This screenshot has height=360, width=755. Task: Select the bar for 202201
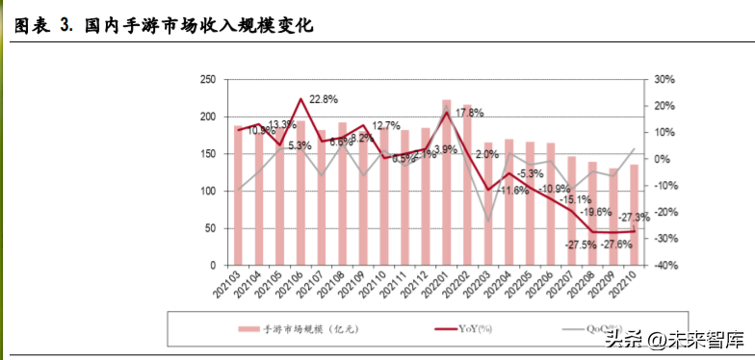(447, 182)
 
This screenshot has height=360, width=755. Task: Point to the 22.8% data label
(324, 99)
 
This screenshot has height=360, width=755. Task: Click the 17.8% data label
(469, 113)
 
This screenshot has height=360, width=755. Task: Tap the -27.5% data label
(583, 245)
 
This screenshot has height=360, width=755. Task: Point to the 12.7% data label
(386, 126)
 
